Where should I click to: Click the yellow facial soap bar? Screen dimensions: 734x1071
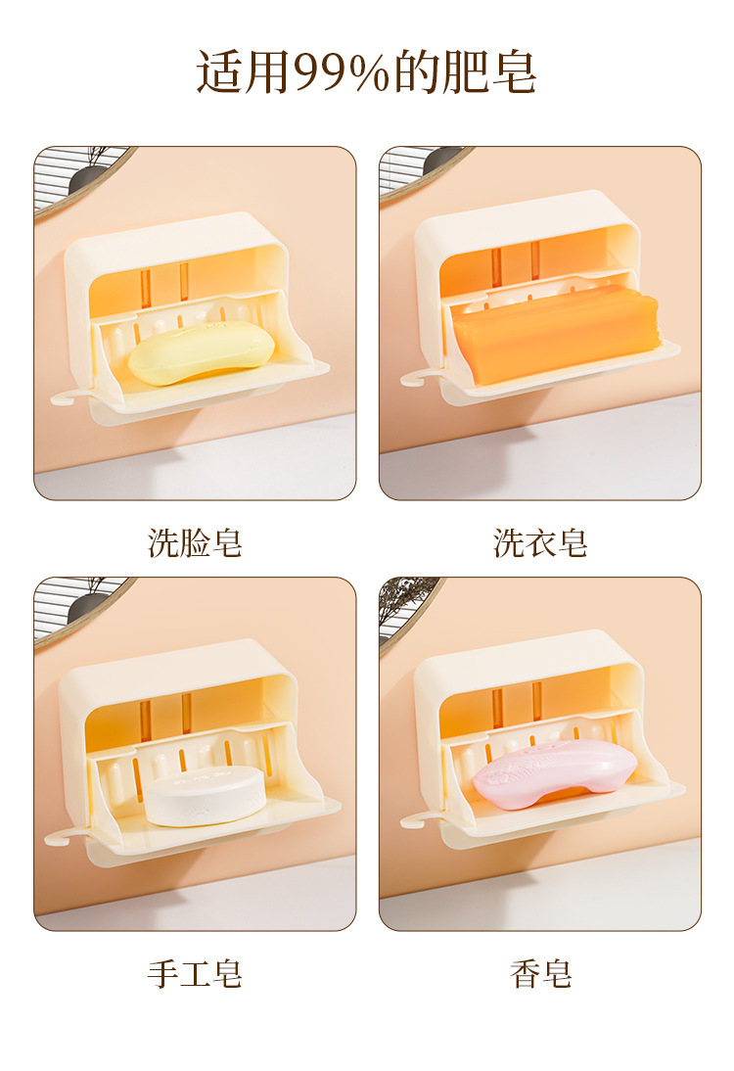pyautogui.click(x=202, y=352)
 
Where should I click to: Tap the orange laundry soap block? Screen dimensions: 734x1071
pyautogui.click(x=555, y=332)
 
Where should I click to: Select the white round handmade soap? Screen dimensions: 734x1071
pyautogui.click(x=205, y=794)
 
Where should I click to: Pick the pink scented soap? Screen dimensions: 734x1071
pyautogui.click(x=555, y=773)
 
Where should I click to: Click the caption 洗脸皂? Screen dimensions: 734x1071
pyautogui.click(x=195, y=543)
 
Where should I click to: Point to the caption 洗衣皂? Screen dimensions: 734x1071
pyautogui.click(x=540, y=543)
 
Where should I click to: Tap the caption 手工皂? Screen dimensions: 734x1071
pyautogui.click(x=195, y=973)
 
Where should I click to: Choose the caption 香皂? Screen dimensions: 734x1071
pyautogui.click(x=540, y=973)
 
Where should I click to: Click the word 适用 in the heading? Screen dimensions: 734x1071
pyautogui.click(x=243, y=71)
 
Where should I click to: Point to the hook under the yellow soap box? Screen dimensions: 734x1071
pyautogui.click(x=69, y=396)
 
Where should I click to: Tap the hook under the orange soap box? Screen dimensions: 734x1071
pyautogui.click(x=418, y=377)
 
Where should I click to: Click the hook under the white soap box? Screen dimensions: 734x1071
pyautogui.click(x=63, y=835)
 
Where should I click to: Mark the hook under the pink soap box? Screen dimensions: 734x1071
pyautogui.click(x=418, y=818)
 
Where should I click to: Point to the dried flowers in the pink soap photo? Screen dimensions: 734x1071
pyautogui.click(x=404, y=594)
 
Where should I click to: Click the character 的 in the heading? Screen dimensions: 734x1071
pyautogui.click(x=416, y=71)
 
